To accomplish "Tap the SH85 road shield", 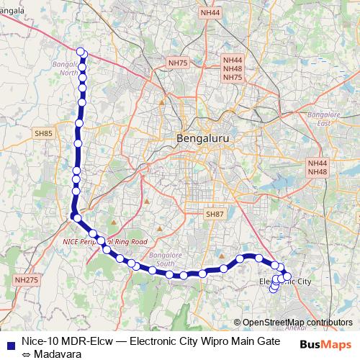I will [44, 134].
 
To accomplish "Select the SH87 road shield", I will [215, 215].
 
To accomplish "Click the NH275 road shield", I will [26, 279].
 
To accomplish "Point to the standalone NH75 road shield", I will [177, 63].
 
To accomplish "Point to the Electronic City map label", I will [285, 282].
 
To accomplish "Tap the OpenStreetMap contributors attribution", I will [297, 322].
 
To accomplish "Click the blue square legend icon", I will [10, 343].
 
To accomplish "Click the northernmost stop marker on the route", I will [81, 51].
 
